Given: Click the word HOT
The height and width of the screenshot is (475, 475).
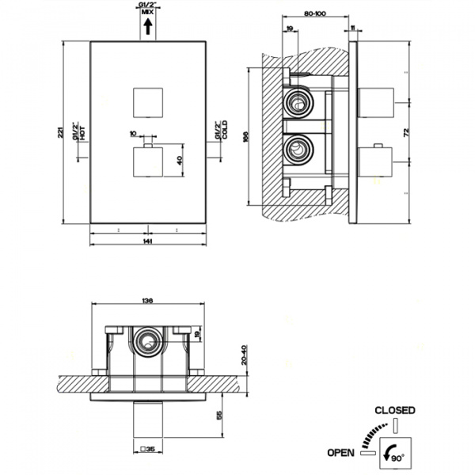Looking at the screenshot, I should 82,133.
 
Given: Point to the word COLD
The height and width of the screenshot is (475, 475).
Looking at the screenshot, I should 225,133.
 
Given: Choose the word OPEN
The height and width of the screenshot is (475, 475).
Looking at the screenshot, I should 340,453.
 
